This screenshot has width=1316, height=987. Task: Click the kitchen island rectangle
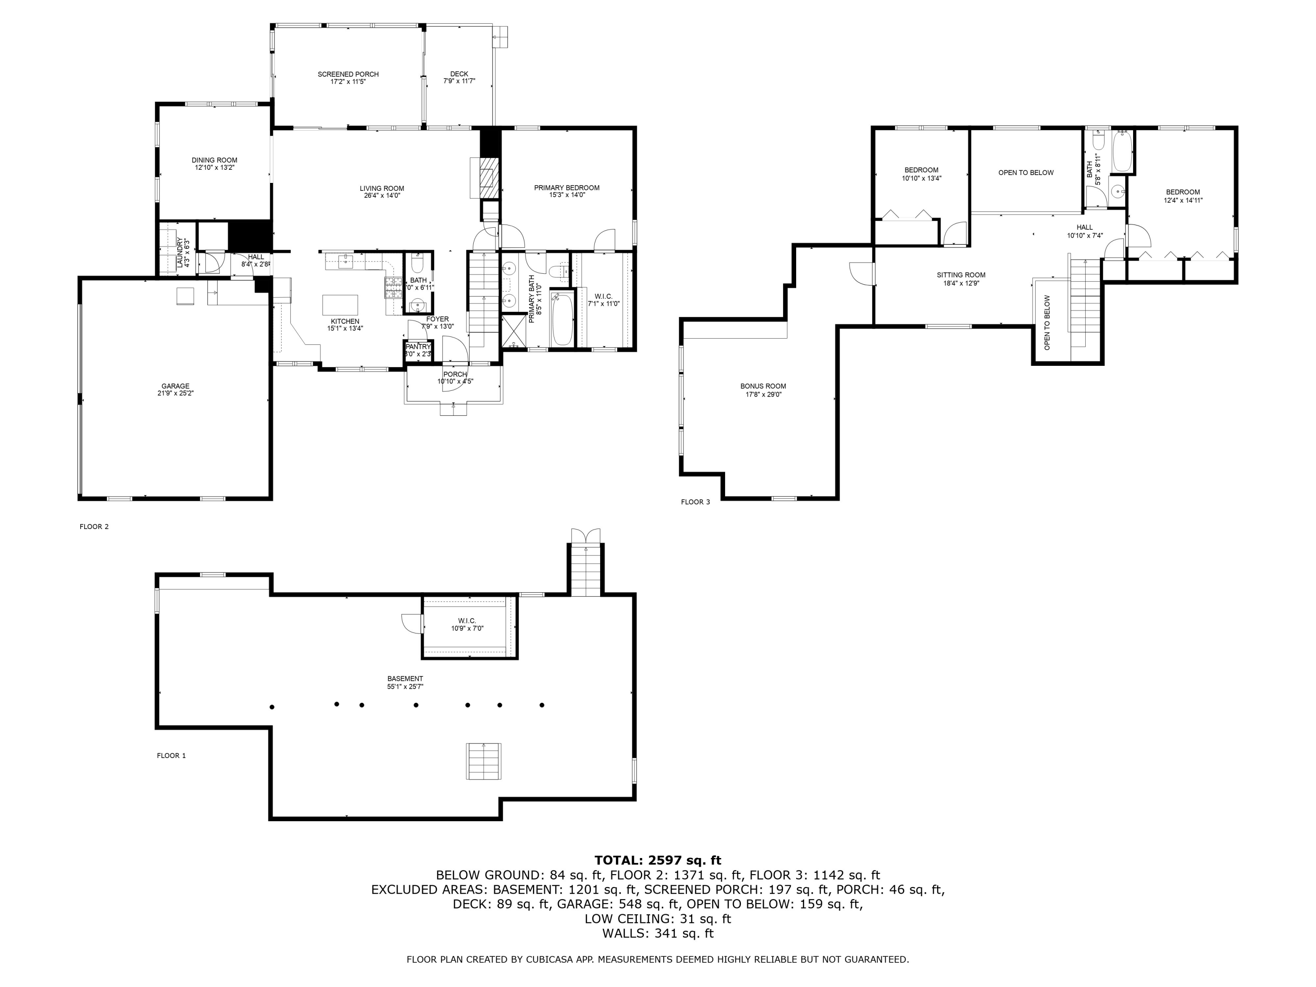pyautogui.click(x=340, y=304)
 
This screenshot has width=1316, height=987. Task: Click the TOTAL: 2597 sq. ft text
pyautogui.click(x=658, y=860)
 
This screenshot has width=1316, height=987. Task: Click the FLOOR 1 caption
pyautogui.click(x=172, y=755)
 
